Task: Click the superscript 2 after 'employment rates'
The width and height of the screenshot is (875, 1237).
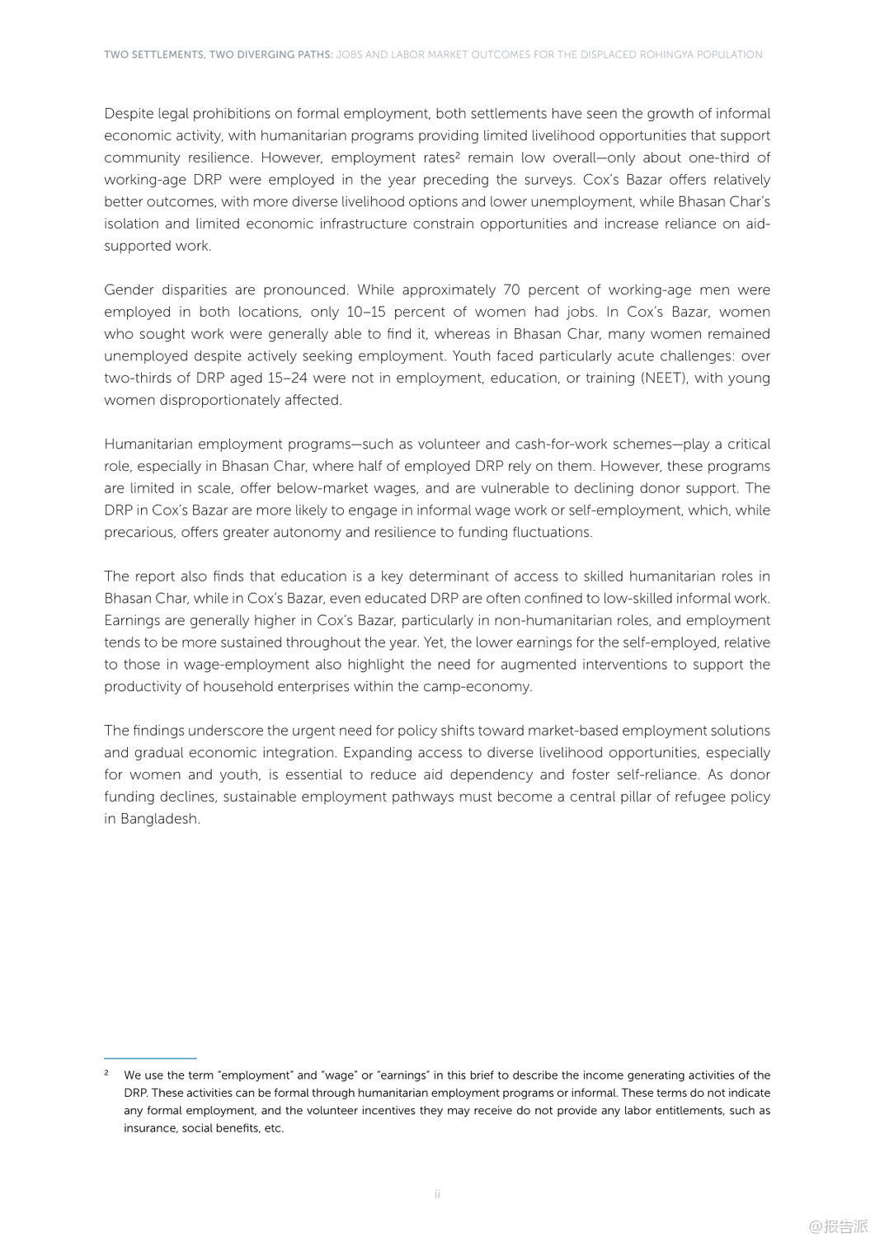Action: click(x=457, y=154)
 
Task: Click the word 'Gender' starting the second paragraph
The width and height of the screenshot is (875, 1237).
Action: click(x=129, y=289)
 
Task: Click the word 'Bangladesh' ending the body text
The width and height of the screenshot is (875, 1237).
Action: click(x=159, y=819)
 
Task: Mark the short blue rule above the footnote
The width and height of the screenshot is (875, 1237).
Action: click(x=150, y=1058)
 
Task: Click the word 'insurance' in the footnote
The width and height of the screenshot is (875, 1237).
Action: click(x=148, y=1128)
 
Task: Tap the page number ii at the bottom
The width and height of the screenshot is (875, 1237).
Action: click(x=437, y=1194)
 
